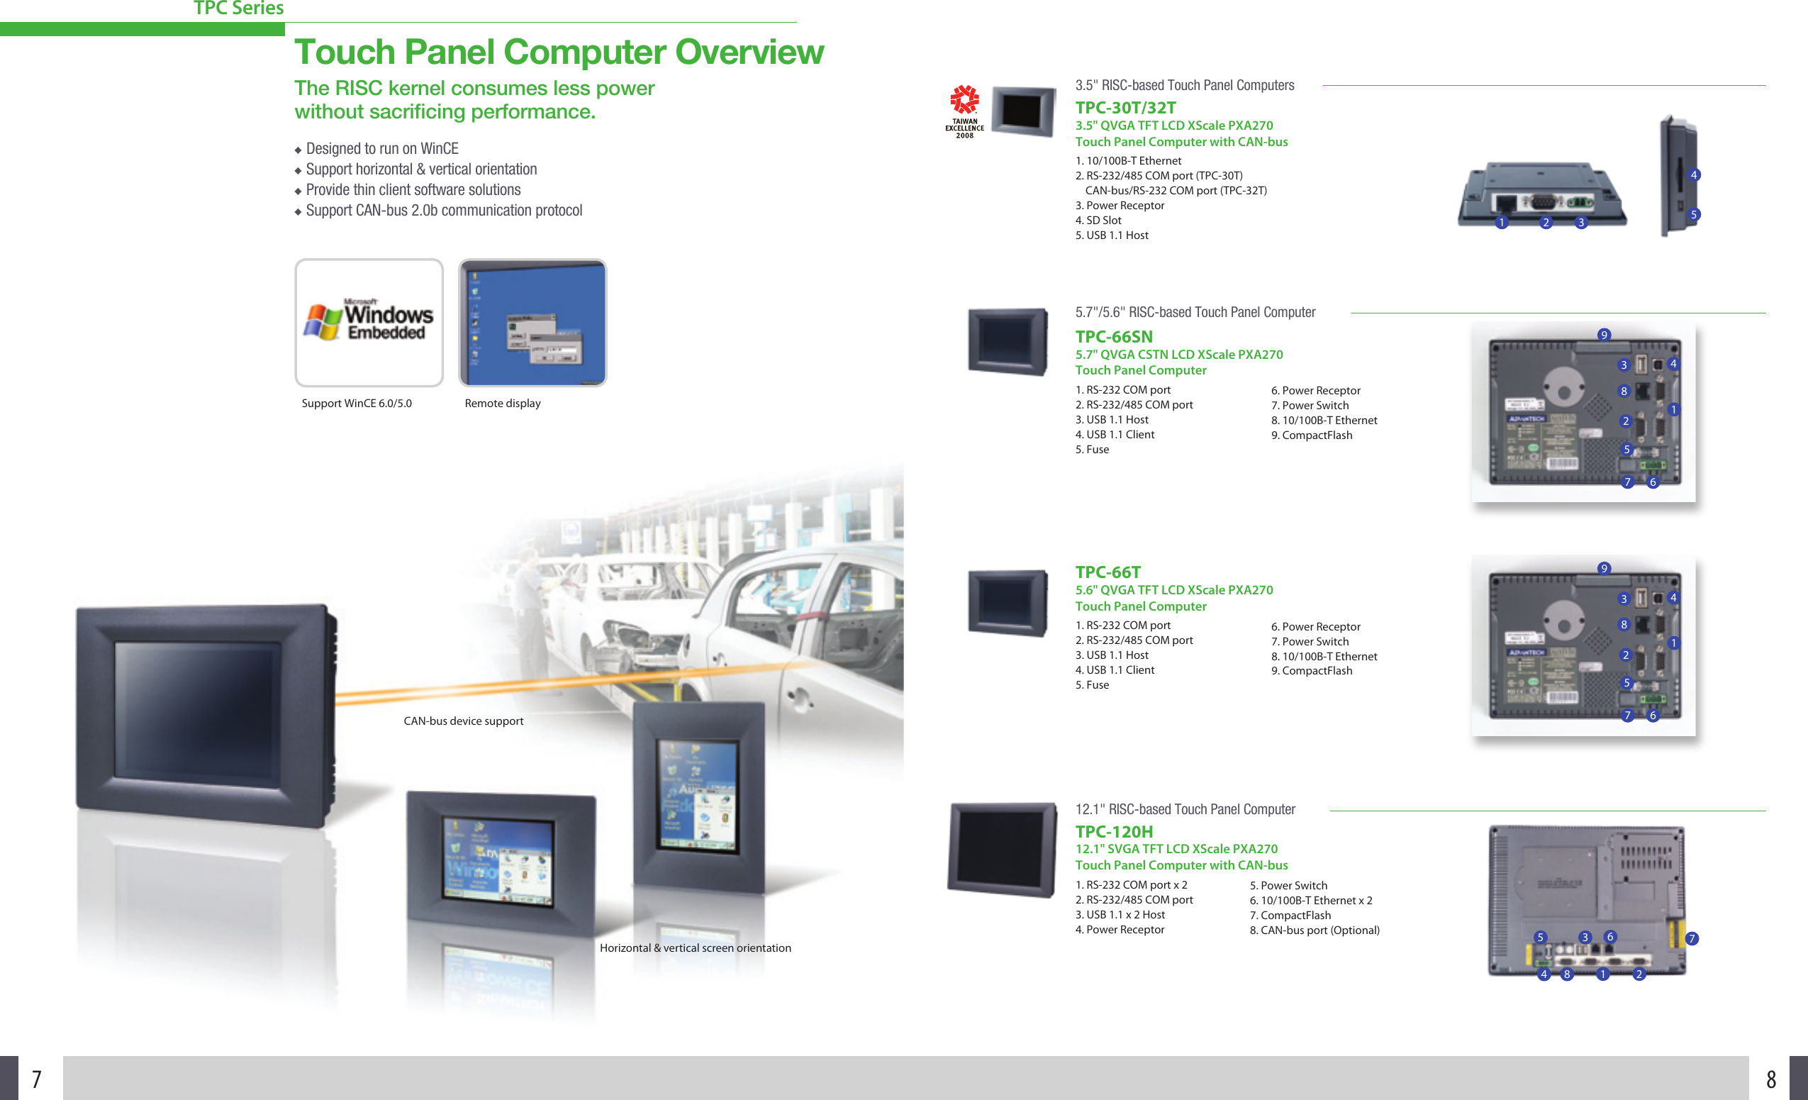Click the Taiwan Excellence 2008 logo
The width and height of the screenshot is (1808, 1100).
pos(964,111)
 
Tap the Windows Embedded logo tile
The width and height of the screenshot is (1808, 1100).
pos(369,322)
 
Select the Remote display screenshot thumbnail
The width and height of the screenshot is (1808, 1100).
pos(532,322)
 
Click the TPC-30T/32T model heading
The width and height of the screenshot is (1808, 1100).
pos(1126,108)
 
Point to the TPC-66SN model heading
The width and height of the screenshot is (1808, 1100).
pos(1114,337)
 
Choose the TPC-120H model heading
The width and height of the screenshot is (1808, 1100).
pos(1114,831)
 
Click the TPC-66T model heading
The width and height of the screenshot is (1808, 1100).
pos(1108,572)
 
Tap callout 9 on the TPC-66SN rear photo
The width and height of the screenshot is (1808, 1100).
pos(1604,335)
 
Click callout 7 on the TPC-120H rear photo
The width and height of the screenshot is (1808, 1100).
pos(1692,938)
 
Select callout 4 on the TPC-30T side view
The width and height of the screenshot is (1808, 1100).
pos(1694,174)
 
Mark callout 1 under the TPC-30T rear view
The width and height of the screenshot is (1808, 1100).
pos(1501,223)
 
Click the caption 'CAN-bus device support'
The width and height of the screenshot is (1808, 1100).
pos(463,721)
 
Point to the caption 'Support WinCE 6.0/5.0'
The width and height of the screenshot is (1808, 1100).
pos(357,403)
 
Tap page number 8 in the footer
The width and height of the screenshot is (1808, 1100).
pos(1770,1079)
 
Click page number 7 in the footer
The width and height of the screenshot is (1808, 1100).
pos(36,1079)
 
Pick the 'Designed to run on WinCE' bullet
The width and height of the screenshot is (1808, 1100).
pos(381,148)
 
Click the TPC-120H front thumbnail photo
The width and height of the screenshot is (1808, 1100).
pos(1003,849)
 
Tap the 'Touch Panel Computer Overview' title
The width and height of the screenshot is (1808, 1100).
pos(559,52)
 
